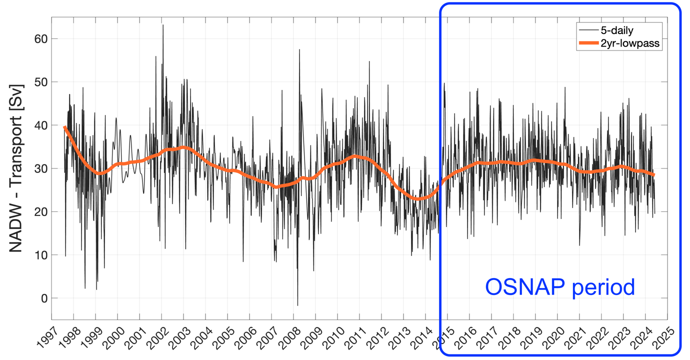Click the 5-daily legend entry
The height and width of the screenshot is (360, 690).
pos(616,30)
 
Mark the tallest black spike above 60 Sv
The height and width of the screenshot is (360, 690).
pos(162,25)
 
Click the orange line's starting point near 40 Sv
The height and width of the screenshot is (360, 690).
pos(64,127)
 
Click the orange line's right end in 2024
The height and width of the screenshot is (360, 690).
pos(653,174)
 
